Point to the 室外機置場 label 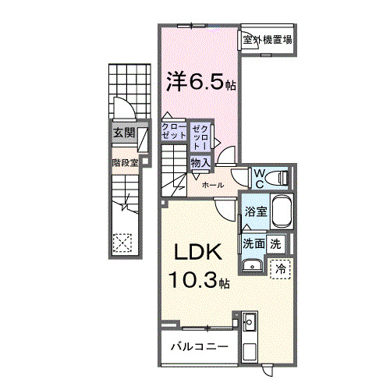(267, 40)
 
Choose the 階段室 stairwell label (124, 163)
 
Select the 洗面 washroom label (253, 243)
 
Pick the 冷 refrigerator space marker (279, 268)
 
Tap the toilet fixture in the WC (278, 179)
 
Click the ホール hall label (213, 186)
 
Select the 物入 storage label (200, 162)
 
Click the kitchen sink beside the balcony (250, 321)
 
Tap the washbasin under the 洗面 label (251, 267)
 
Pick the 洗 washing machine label (275, 243)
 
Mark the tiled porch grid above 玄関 (125, 86)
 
